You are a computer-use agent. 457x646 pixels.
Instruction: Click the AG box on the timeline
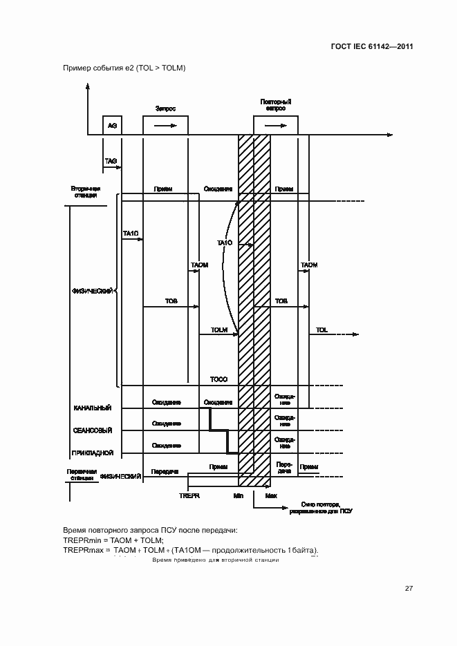coord(111,125)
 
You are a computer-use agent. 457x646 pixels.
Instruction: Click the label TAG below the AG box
coord(111,161)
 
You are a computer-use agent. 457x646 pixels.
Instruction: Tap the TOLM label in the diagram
coord(219,330)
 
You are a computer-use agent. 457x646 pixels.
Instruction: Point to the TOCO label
coord(218,380)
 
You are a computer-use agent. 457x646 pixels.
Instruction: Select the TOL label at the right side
coord(321,330)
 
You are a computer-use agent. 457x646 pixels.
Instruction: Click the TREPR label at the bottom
coord(189,495)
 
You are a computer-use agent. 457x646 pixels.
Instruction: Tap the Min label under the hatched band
coord(239,495)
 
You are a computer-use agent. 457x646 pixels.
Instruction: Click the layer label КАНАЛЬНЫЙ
coord(93,409)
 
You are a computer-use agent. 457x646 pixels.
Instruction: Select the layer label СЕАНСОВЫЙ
coord(93,430)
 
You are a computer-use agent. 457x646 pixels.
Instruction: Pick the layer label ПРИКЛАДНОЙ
coord(93,453)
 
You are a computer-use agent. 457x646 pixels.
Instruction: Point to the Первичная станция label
coord(80,474)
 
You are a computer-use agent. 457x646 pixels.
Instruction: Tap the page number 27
coord(409,588)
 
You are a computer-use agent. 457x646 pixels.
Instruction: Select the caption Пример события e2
coord(124,68)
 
